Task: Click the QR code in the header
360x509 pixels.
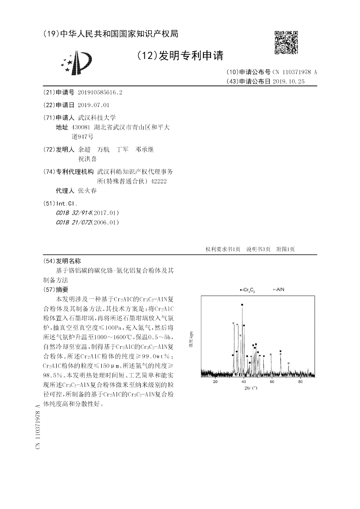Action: [286, 43]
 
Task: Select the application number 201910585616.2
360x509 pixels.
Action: [100, 92]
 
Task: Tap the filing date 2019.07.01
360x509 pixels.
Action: [94, 105]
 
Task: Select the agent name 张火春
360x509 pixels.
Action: [87, 190]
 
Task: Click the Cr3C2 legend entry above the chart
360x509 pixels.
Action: [247, 290]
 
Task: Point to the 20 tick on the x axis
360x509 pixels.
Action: [215, 381]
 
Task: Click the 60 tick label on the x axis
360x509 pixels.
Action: [272, 381]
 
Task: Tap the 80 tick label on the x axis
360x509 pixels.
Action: [300, 381]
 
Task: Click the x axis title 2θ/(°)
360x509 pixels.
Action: [251, 388]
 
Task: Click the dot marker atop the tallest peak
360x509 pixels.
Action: [243, 305]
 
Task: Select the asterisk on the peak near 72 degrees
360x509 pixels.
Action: [288, 363]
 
